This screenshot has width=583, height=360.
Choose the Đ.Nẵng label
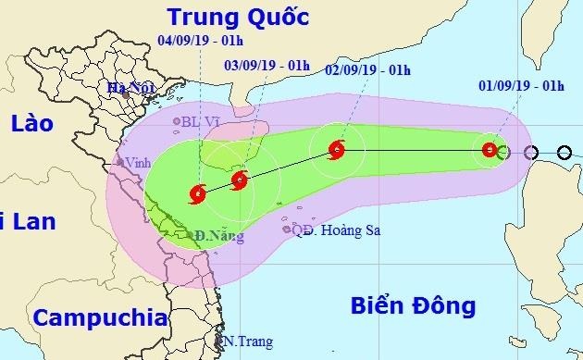214,237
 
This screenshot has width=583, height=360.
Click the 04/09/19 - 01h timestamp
202,42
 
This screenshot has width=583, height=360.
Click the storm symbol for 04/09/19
196,193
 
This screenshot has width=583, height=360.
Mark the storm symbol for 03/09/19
239,180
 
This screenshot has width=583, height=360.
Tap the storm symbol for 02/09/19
337,148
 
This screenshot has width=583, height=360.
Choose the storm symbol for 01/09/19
490,150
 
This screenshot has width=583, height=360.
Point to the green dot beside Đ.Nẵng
190,236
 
